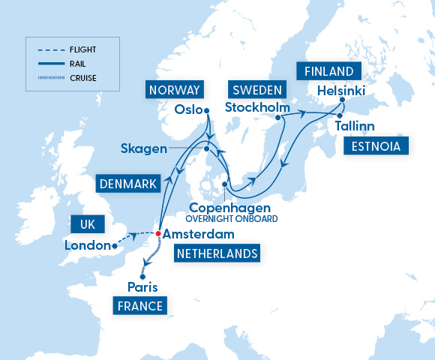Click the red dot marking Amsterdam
pos(157,233)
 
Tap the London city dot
pos(114,245)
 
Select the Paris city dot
pos(142,277)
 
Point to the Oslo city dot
pos(206,111)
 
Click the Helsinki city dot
pos(341,100)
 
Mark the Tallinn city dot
pos(338,116)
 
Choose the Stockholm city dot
pos(278,117)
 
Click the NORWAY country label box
pos(175,91)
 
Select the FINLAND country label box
pos(328,71)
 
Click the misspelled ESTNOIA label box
pos(376,145)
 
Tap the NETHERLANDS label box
pos(217,253)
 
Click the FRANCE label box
pos(139,305)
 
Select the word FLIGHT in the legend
pos(82,50)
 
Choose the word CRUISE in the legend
pos(82,76)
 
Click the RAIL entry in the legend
pos(77,64)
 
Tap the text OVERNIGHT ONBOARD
pos(233,219)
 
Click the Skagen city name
pos(143,148)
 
